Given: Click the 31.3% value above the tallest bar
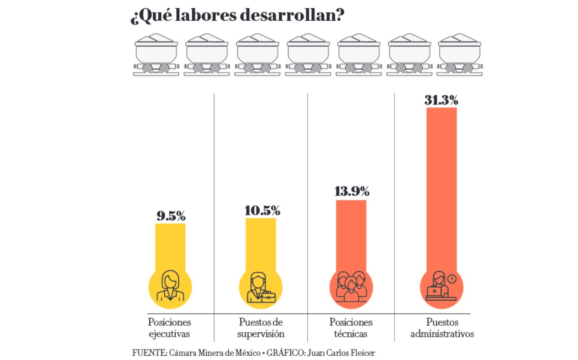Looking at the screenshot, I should pos(441,101).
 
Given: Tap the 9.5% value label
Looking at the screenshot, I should pos(171,216).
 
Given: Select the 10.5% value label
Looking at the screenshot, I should pos(262,211).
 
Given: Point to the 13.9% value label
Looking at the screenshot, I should pos(352,191).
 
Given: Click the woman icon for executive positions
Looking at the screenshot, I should pos(171,287).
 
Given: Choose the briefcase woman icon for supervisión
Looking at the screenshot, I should pos(261,288).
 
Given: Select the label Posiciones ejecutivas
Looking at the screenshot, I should pos(170,328).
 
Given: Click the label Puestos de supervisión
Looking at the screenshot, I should pos(261,328).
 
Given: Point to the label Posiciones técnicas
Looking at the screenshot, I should pos(351,328).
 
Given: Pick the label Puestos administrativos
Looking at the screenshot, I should pos(442,328).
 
